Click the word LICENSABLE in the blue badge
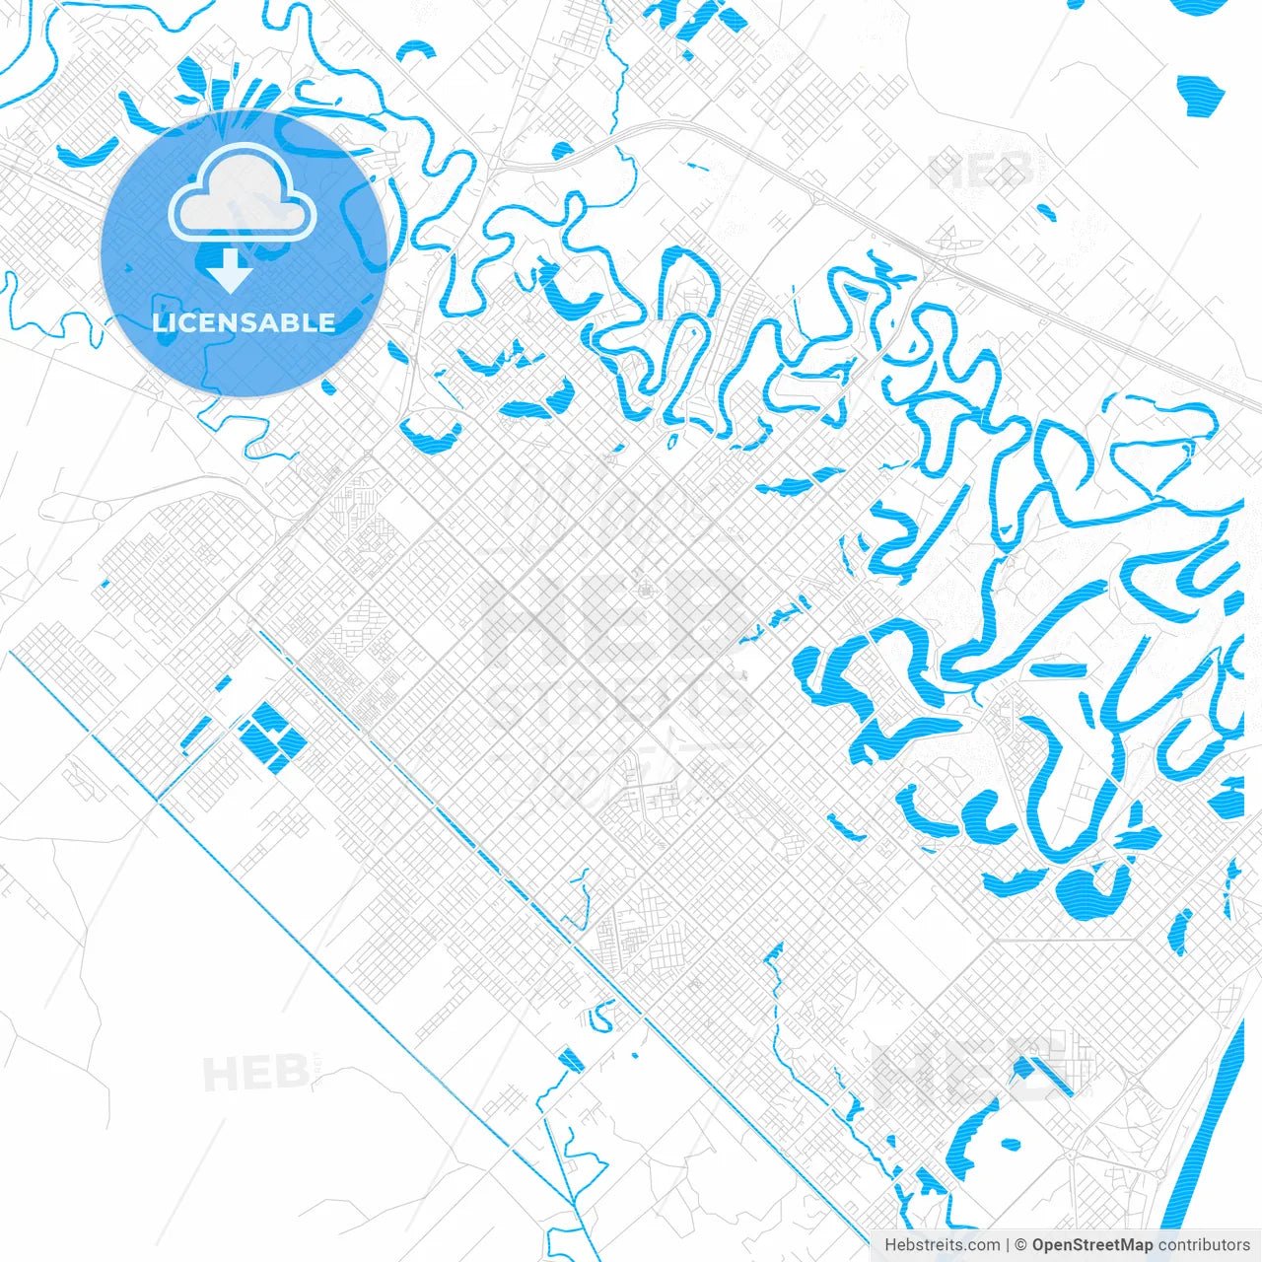(244, 322)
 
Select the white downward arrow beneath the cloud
(231, 270)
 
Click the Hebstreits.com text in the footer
(942, 1245)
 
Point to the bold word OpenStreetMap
(1092, 1245)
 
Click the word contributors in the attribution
(1204, 1245)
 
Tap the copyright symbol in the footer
(1021, 1245)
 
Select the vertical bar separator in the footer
(1008, 1245)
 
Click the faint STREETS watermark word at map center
(619, 702)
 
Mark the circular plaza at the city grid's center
(647, 591)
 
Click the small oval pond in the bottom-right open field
(1010, 1145)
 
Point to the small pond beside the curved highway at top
(562, 151)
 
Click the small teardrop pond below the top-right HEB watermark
(1046, 212)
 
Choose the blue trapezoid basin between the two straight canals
(571, 1060)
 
